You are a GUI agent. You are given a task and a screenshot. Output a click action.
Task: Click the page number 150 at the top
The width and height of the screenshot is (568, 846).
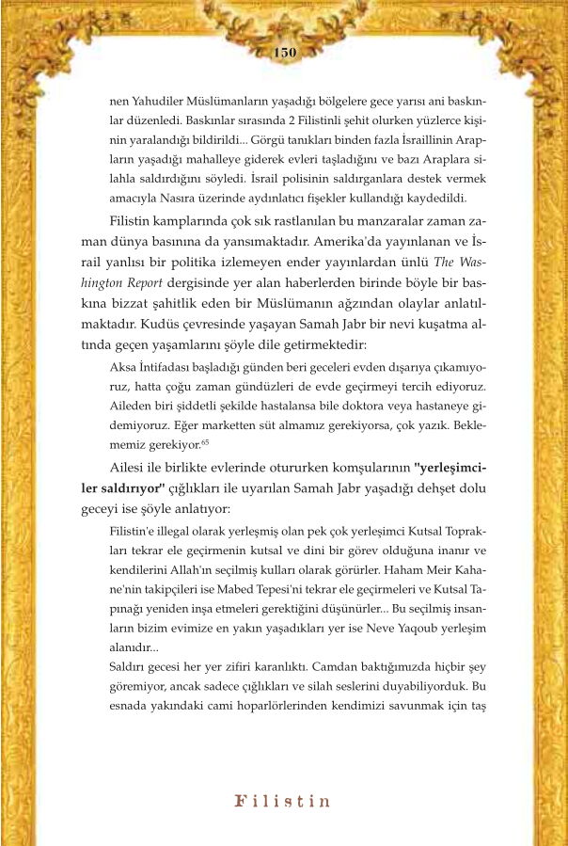coord(284,52)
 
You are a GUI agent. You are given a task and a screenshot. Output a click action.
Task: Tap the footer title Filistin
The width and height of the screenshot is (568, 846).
coord(283,802)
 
